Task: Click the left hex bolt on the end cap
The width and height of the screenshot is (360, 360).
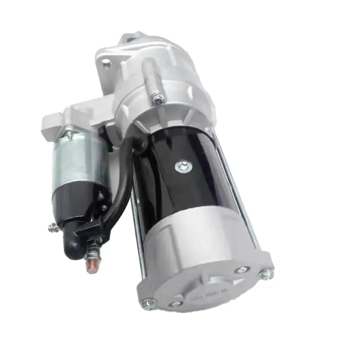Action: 146,304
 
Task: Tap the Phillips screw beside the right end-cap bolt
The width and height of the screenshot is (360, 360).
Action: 242,270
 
